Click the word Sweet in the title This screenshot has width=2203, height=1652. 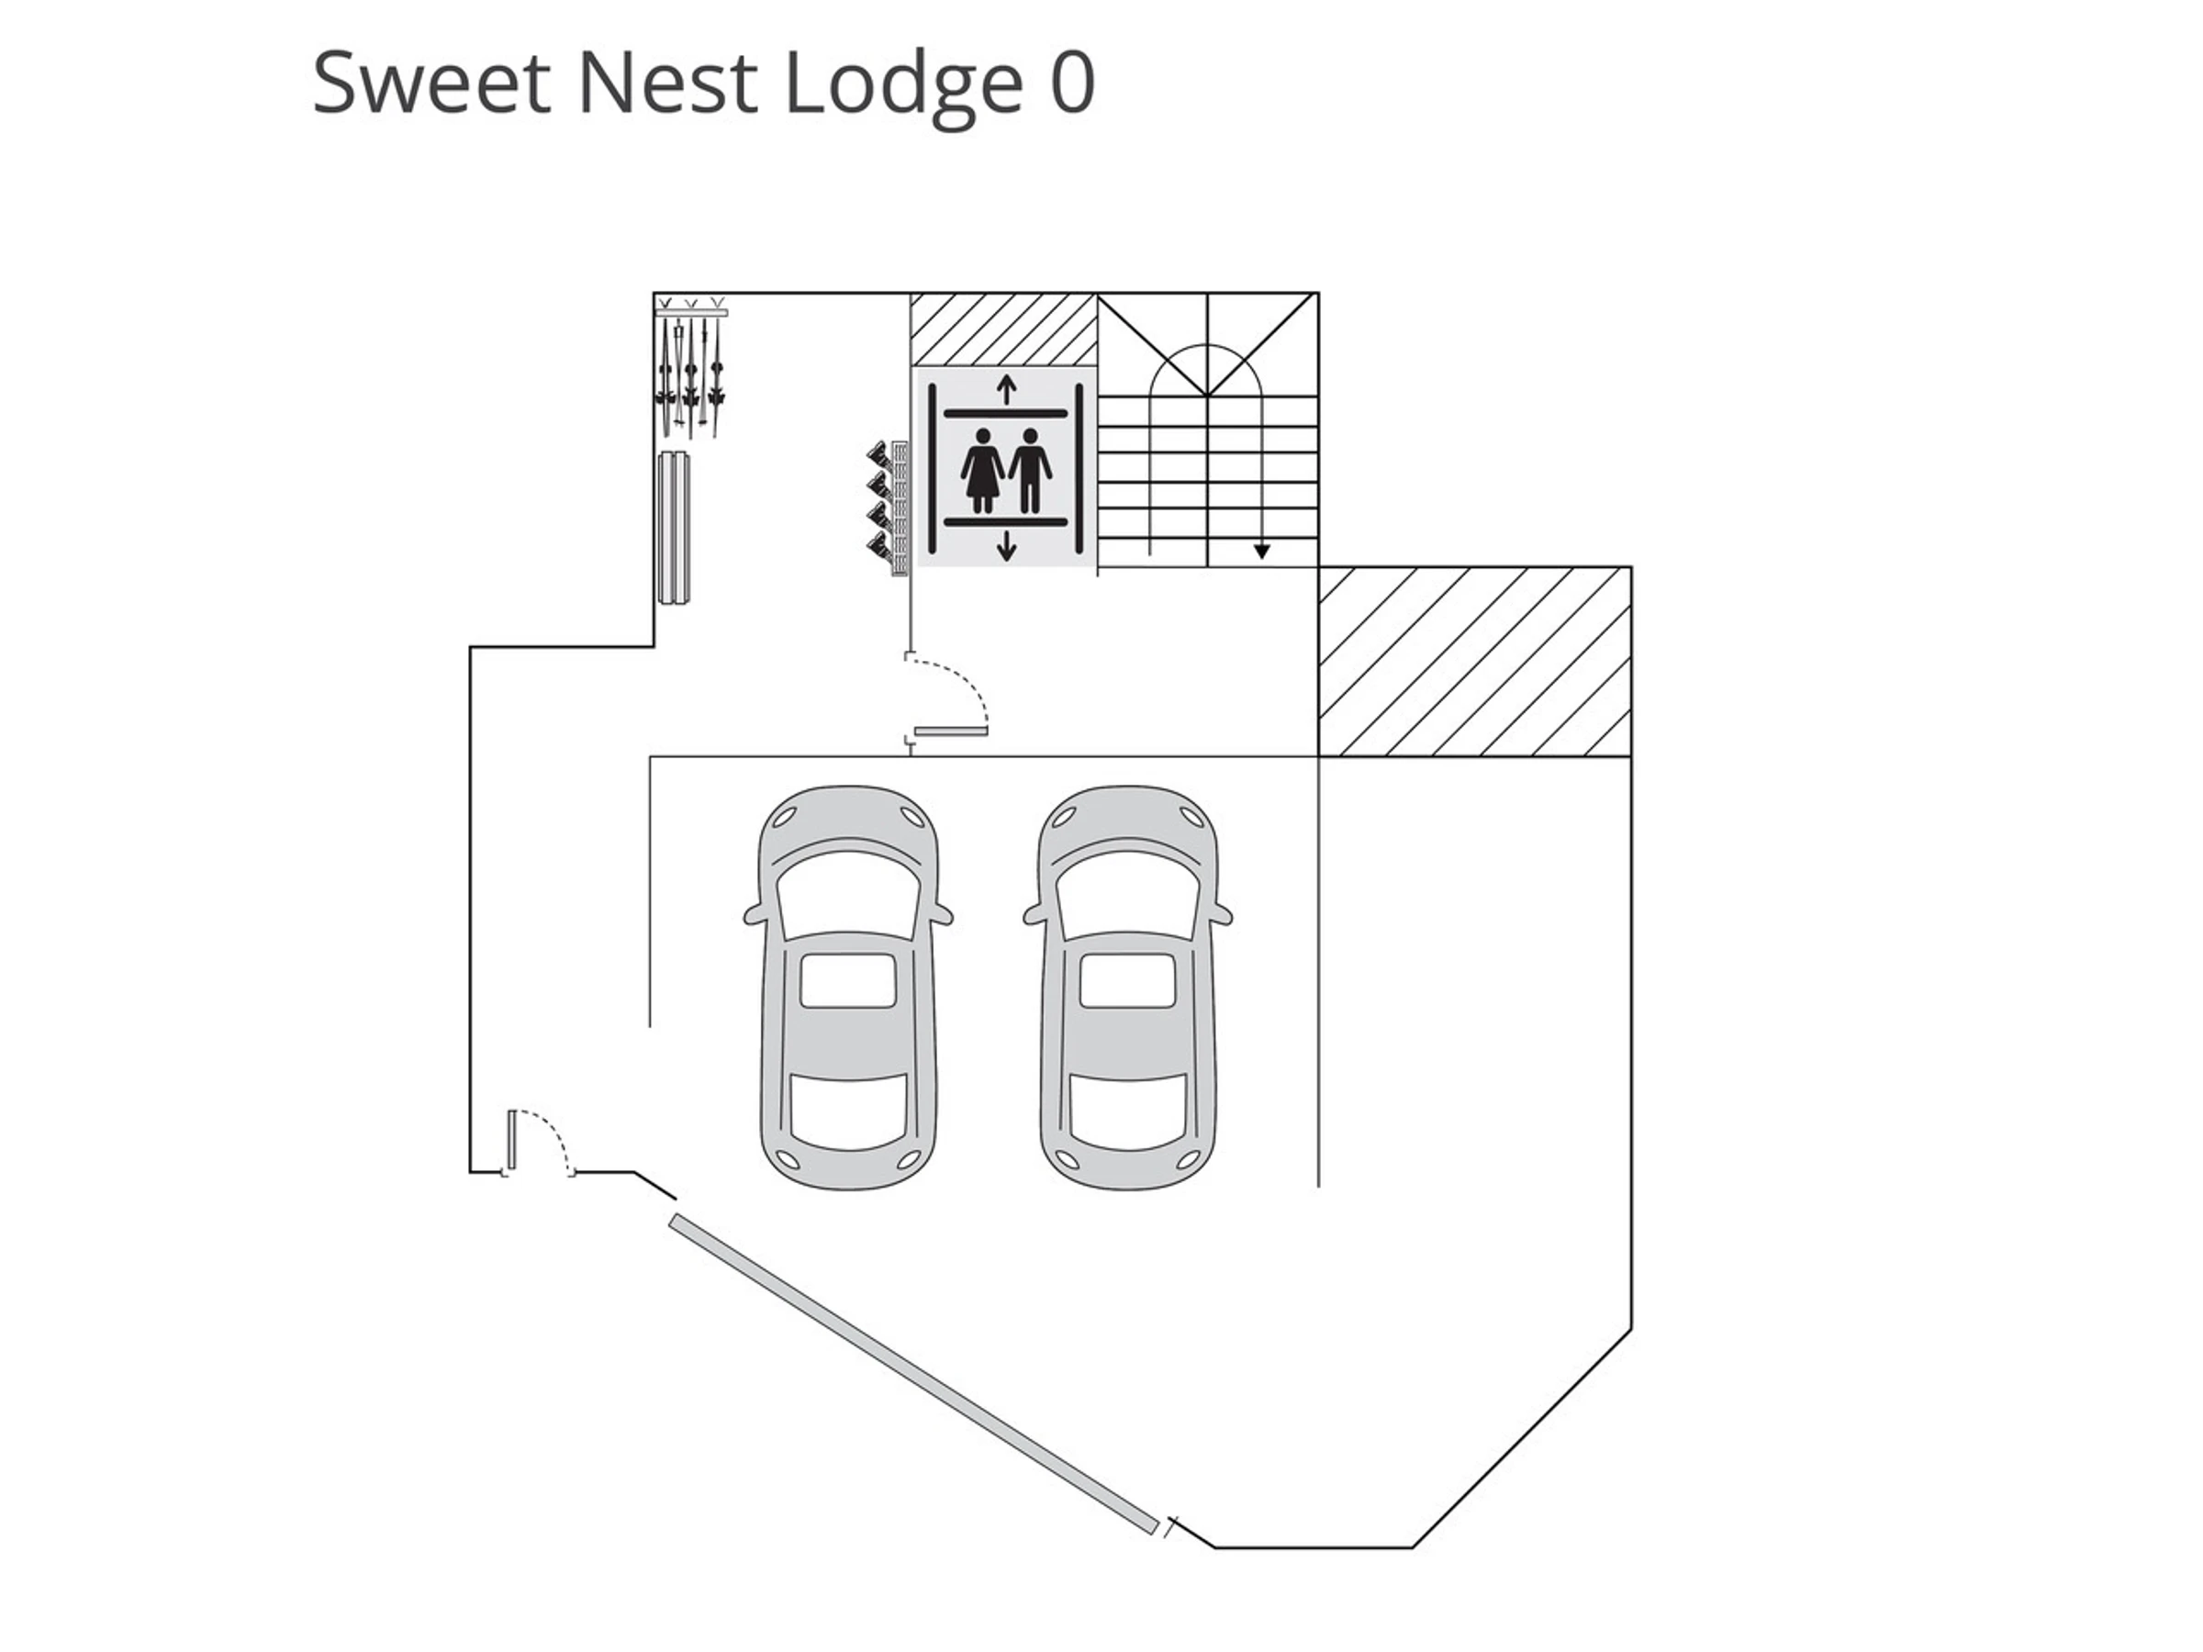[431, 84]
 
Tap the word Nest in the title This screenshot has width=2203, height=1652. [666, 84]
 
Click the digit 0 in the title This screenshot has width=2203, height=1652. [1073, 84]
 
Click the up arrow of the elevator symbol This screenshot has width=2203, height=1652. [1006, 388]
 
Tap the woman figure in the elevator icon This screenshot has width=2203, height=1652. [983, 469]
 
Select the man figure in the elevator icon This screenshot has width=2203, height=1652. [1030, 469]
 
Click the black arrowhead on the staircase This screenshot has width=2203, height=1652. [1262, 551]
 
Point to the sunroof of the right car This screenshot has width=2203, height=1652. [1127, 980]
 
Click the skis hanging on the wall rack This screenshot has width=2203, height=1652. [689, 374]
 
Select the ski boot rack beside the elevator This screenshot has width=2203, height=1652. [889, 508]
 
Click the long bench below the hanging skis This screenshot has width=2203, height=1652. [675, 529]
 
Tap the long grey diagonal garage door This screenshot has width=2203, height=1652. [913, 1374]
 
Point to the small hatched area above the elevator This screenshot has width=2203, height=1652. [1003, 329]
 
